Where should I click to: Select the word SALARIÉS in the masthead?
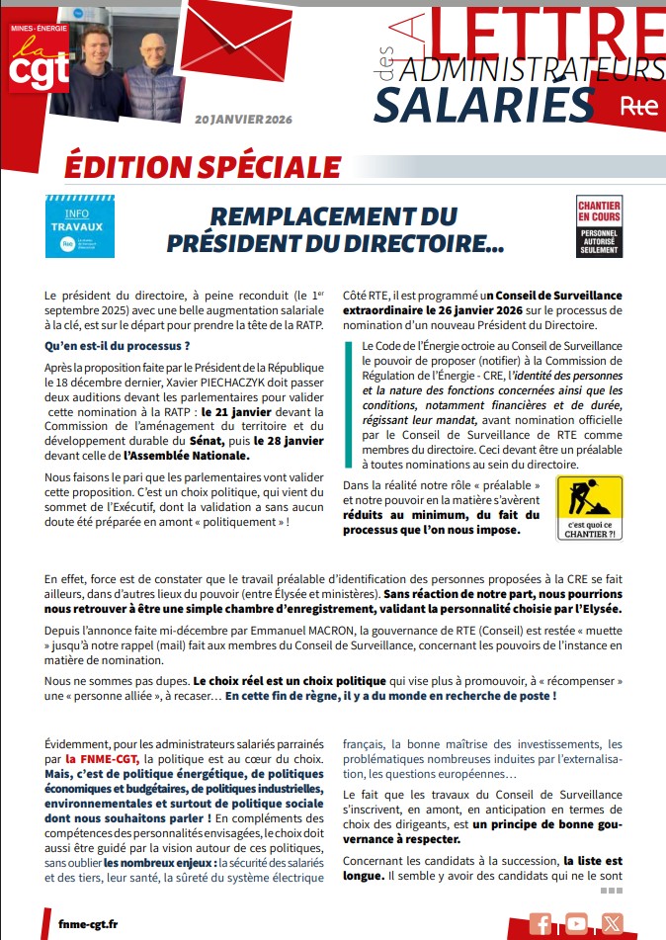click(483, 104)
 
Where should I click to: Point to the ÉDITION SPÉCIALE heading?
click(202, 166)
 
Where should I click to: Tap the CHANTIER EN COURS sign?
click(599, 225)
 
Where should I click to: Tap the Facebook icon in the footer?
click(541, 922)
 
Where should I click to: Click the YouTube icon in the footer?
click(577, 922)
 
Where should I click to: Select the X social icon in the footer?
click(613, 922)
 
